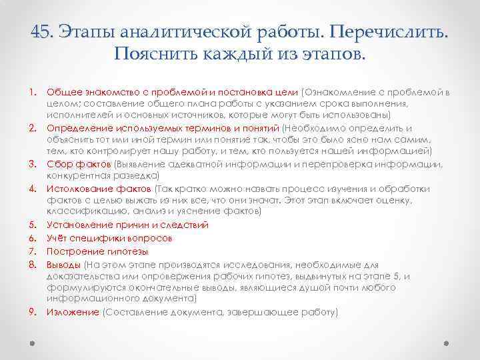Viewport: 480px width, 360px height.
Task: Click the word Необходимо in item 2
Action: [314, 128]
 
